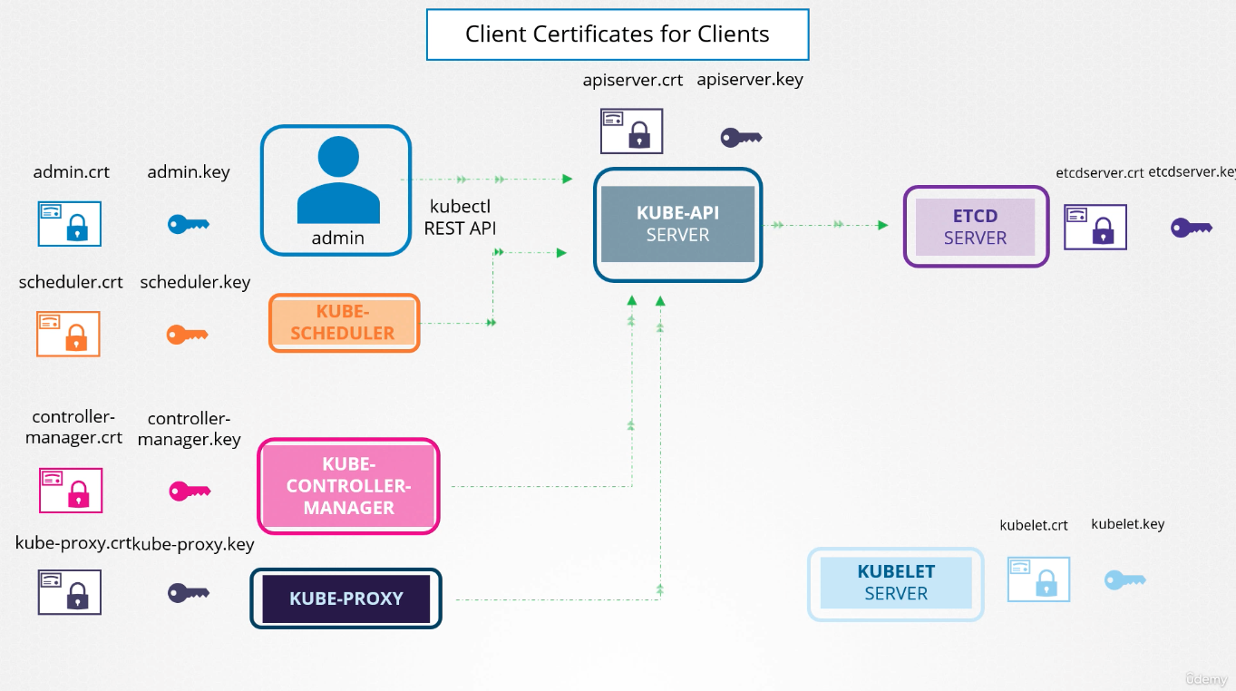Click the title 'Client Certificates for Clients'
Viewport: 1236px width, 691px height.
point(617,34)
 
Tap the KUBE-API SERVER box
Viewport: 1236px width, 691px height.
point(678,225)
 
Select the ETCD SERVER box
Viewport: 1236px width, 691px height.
point(976,227)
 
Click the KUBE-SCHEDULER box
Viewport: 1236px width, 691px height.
point(345,323)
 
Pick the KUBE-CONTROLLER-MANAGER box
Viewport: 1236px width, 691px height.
point(348,486)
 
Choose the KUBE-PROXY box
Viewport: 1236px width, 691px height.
point(346,599)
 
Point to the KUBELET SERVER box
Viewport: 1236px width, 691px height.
point(896,583)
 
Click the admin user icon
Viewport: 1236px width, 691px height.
point(338,180)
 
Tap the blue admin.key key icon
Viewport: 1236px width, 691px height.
point(188,225)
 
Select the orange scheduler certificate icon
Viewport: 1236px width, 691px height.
point(68,334)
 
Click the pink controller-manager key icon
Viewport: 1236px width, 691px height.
point(190,491)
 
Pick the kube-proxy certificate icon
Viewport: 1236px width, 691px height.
point(70,592)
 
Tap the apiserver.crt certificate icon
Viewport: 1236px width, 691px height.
point(632,131)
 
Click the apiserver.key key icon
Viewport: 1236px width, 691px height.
point(741,138)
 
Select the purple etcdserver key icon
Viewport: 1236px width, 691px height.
point(1192,228)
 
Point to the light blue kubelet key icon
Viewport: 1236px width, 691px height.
point(1125,580)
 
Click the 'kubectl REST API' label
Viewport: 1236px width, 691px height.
point(460,218)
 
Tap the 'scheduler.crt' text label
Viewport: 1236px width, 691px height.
point(71,282)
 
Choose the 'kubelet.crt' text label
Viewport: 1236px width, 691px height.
point(1034,525)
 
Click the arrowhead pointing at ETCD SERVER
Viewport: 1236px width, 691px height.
point(883,225)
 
